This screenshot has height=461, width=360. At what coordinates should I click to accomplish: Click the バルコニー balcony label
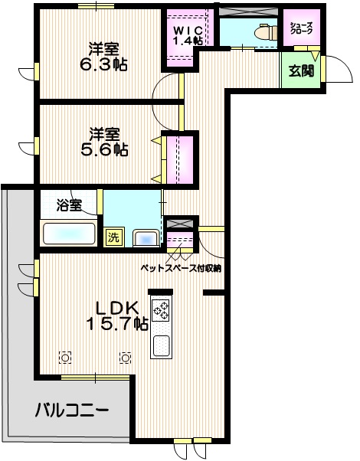click(70, 410)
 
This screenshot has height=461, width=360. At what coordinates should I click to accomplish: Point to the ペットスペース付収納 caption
click(181, 268)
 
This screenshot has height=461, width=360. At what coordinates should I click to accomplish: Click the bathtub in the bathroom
click(69, 233)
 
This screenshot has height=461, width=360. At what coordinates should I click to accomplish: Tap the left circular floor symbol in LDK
click(66, 358)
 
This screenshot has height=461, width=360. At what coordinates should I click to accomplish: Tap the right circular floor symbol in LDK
click(125, 358)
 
